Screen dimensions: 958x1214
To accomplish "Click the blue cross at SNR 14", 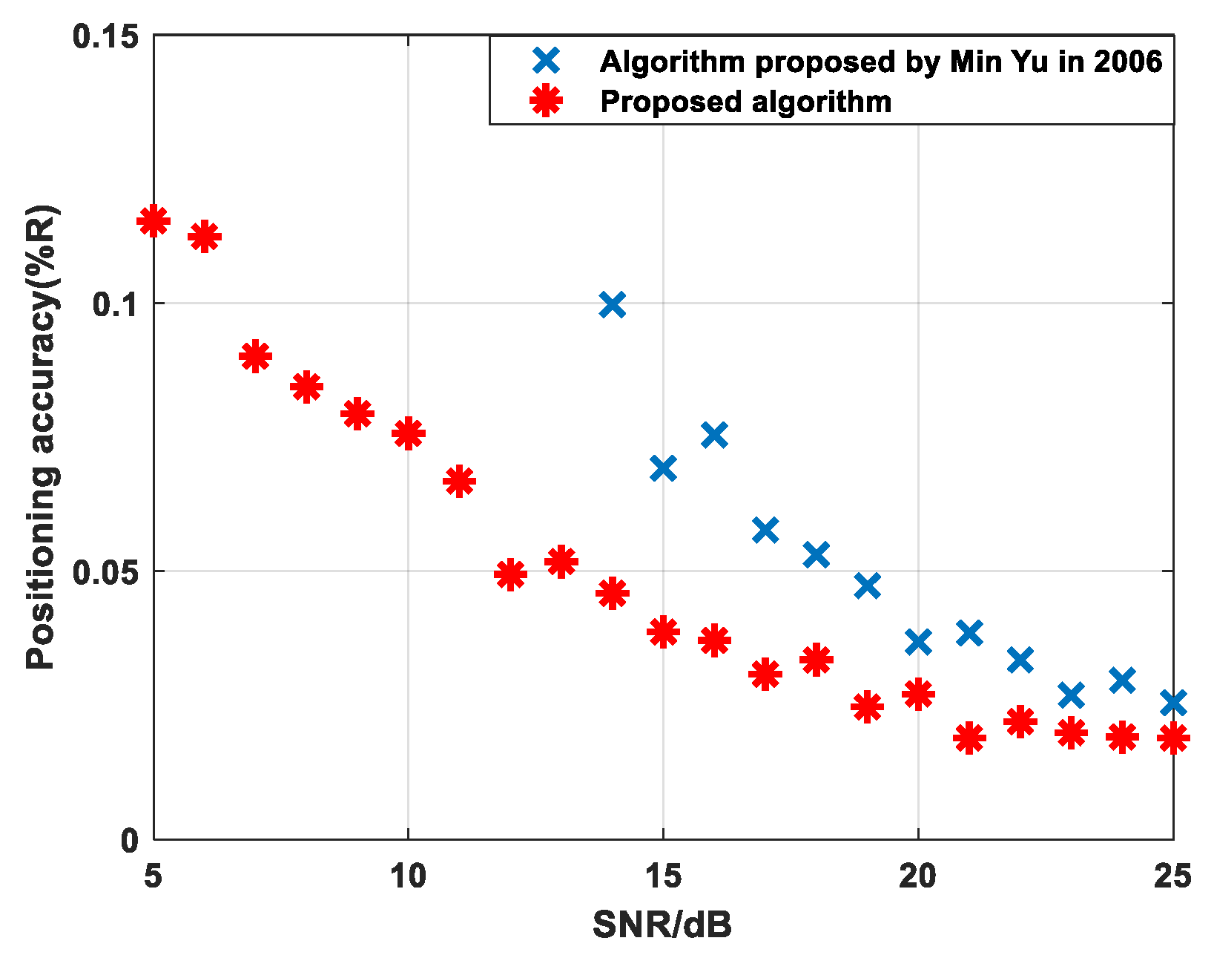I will pos(612,304).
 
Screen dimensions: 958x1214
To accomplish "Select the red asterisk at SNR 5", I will pos(154,220).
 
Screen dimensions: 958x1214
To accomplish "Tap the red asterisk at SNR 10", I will pos(408,433).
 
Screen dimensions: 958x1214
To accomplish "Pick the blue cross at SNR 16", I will pos(714,435).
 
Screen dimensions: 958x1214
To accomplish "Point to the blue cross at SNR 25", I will pos(1172,702).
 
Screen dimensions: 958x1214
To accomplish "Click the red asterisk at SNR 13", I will pos(561,562).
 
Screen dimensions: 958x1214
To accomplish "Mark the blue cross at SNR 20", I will pos(918,642).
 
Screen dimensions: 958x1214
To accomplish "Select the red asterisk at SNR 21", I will pos(969,738).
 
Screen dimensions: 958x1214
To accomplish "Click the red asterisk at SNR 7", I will pos(255,357).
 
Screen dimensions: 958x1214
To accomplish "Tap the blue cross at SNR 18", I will pos(816,554).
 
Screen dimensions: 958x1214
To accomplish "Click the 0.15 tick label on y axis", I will pos(105,36).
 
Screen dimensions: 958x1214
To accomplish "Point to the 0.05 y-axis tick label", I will pos(105,571).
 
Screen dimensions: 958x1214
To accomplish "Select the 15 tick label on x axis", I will pos(662,877).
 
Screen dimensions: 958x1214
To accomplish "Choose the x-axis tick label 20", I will pos(917,877).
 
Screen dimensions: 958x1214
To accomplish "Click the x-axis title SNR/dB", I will pos(662,925).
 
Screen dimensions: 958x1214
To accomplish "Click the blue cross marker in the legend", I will pos(547,61).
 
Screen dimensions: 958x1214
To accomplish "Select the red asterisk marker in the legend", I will pos(547,101).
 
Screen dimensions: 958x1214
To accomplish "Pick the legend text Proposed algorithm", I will pos(745,102).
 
